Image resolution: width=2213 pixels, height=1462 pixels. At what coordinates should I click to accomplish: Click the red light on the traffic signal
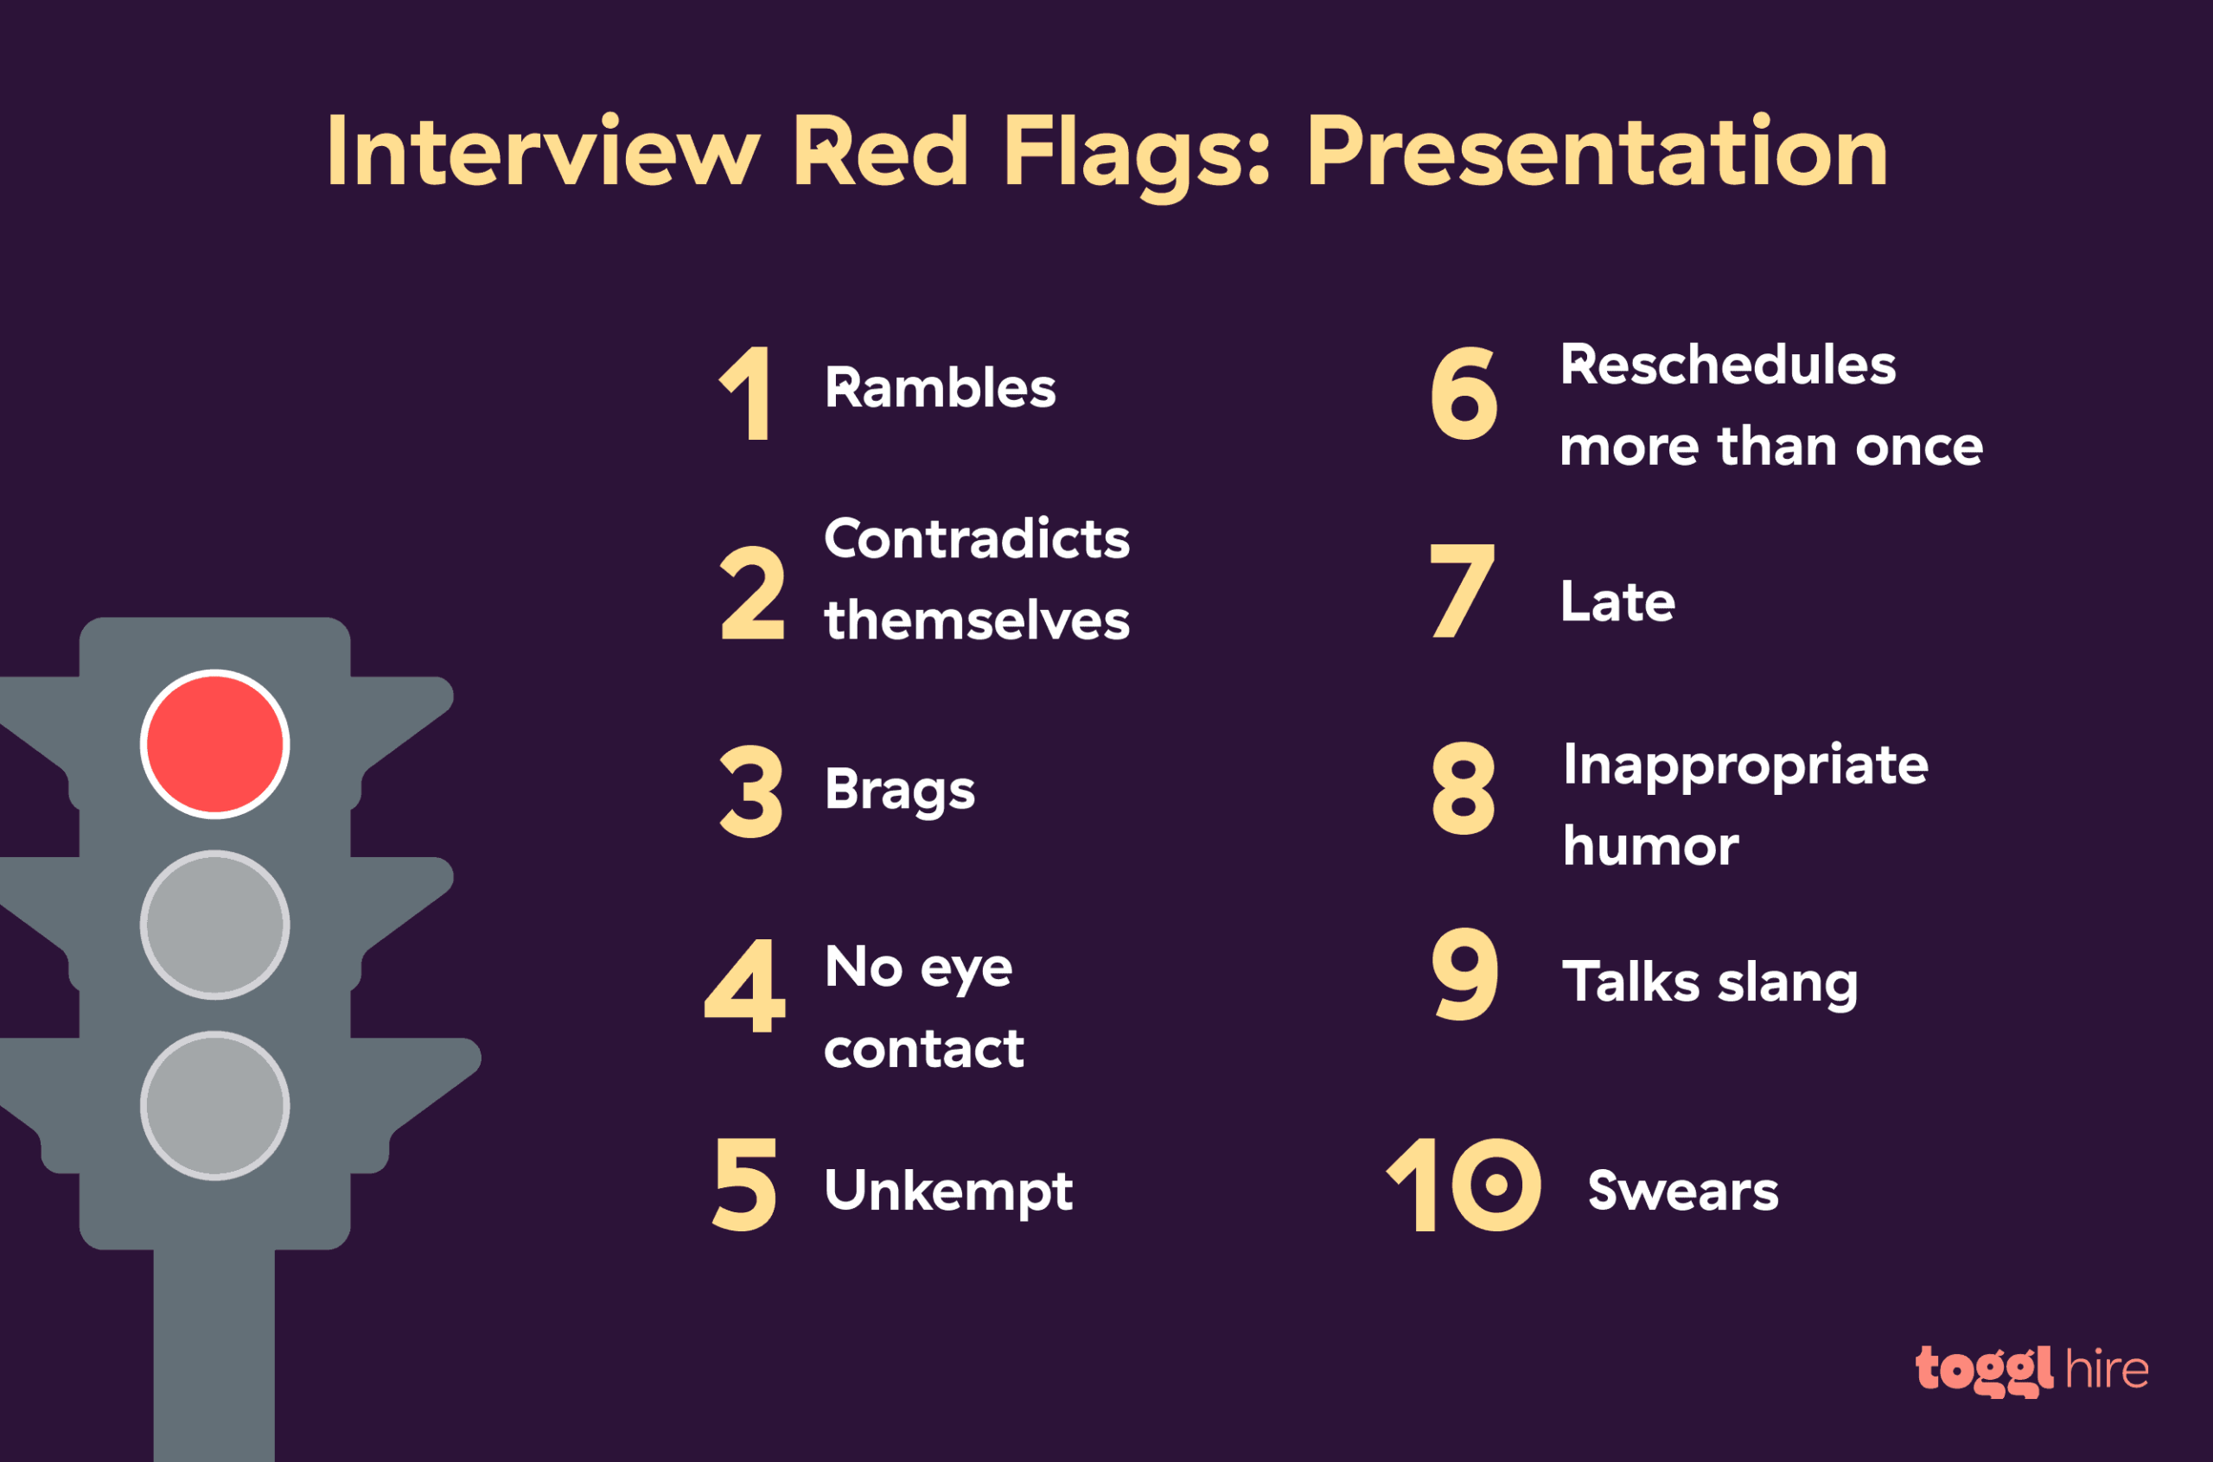click(214, 744)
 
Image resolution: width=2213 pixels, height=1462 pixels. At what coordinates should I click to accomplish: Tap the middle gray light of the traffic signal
click(214, 924)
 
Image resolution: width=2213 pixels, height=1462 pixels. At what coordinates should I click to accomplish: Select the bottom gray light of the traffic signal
click(214, 1105)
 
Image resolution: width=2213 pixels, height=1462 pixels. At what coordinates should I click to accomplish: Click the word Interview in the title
click(542, 152)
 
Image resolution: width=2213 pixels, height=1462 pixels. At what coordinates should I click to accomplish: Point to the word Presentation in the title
click(1597, 152)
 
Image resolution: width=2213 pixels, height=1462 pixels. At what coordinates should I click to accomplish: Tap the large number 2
click(752, 594)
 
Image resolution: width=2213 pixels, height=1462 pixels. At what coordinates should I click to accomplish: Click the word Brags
click(899, 790)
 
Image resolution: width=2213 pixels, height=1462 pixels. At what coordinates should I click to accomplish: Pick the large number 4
click(746, 987)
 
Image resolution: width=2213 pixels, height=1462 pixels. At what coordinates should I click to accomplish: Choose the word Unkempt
click(947, 1191)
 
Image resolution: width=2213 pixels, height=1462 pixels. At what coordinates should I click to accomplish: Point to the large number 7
click(1461, 591)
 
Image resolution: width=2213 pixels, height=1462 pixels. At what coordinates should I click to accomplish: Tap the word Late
click(1617, 601)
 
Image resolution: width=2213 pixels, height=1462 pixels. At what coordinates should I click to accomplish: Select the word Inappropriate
click(1744, 766)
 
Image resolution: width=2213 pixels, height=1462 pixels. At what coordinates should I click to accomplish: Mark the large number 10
click(1464, 1185)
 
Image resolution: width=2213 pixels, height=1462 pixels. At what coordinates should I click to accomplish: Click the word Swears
click(1682, 1191)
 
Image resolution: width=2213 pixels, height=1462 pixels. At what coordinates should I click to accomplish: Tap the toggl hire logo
click(2031, 1370)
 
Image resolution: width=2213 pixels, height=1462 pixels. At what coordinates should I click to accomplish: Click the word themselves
click(977, 620)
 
